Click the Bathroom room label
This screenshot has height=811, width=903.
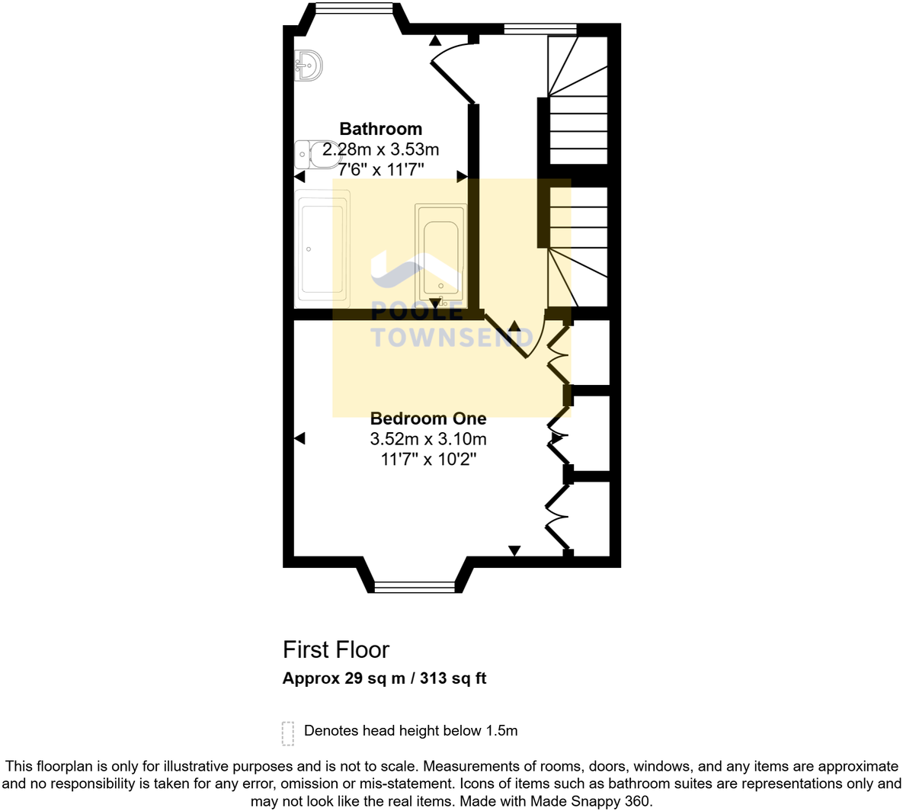pos(380,129)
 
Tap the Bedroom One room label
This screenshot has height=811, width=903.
pos(428,418)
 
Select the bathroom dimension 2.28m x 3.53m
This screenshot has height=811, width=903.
pos(380,149)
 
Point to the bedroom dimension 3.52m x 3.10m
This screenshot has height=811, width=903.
pos(428,439)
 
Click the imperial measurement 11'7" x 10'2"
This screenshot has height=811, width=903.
pos(428,460)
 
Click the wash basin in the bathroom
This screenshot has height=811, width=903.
pos(308,65)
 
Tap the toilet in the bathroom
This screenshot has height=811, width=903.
pos(307,155)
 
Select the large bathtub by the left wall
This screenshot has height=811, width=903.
pos(324,245)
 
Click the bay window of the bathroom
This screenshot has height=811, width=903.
pos(354,8)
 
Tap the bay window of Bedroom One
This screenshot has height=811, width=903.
pos(414,587)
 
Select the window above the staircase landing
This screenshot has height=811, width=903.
pos(540,30)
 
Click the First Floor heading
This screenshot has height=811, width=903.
pos(335,649)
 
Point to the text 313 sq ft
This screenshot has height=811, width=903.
pos(458,678)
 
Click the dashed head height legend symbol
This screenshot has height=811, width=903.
pos(287,732)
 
